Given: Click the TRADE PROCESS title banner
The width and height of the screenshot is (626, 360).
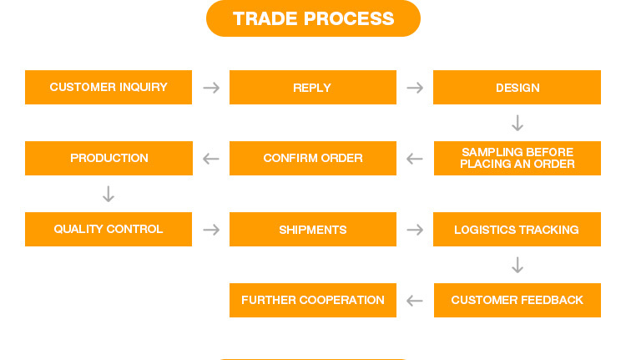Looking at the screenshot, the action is (x=313, y=18).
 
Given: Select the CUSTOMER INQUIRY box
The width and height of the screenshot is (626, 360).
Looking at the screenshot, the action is (x=109, y=87).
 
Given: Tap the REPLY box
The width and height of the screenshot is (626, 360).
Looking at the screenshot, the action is (x=313, y=87).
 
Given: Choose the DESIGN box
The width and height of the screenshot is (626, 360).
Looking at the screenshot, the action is (x=517, y=87).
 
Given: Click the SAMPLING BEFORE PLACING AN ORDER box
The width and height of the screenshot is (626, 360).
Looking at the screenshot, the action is (x=517, y=158).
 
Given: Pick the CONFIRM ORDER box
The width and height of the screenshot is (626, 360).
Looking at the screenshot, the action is (x=313, y=158).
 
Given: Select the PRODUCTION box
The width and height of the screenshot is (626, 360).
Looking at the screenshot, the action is (x=109, y=158).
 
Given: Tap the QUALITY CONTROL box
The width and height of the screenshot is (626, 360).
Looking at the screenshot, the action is (x=109, y=230).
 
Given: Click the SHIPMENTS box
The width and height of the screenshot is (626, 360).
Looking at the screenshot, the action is (x=313, y=230).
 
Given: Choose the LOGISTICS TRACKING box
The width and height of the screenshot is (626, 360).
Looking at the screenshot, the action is (x=517, y=230).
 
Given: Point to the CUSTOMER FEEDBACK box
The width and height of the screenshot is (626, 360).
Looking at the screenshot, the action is (x=517, y=301).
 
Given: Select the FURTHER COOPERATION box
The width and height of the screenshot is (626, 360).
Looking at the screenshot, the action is (x=313, y=301).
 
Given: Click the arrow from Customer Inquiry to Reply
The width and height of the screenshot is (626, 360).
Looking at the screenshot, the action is (x=211, y=88).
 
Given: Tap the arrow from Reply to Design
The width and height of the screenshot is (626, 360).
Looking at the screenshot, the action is (x=415, y=88).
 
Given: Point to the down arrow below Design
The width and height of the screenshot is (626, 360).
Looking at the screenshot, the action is (x=517, y=123).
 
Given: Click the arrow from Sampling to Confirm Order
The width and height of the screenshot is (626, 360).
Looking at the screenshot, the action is (x=415, y=159).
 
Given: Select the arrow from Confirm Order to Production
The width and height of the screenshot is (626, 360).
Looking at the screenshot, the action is (x=211, y=159).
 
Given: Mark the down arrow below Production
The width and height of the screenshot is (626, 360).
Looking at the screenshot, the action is (x=109, y=194).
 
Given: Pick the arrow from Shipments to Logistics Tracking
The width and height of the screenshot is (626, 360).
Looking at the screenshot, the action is (x=415, y=230).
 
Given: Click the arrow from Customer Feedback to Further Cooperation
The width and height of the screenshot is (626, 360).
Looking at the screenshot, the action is (x=415, y=301).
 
